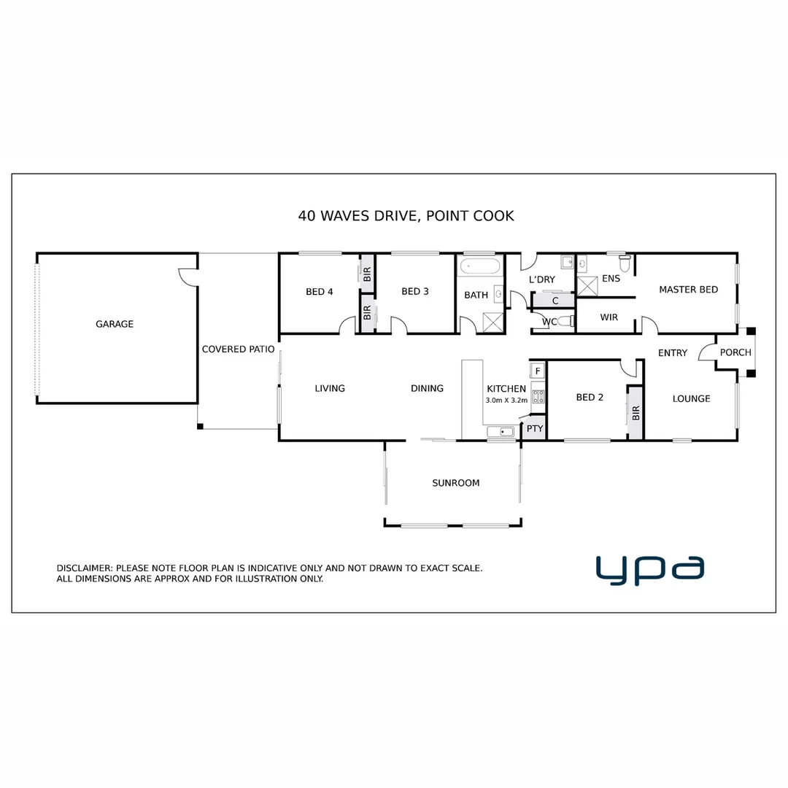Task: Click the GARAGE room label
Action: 115,324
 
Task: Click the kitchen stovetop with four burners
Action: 538,397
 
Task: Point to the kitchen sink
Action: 502,433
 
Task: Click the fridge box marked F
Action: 538,371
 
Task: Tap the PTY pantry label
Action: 535,429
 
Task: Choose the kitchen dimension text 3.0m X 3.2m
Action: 506,401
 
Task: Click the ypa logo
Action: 649,570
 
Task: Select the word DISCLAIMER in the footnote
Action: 84,568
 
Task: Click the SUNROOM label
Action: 455,483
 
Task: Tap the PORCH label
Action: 735,352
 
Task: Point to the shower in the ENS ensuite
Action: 588,285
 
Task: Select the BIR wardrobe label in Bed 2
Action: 636,413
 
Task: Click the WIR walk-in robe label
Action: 609,317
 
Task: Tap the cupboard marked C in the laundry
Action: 555,300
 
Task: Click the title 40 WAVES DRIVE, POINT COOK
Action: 406,216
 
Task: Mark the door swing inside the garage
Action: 187,277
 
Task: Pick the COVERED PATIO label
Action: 238,349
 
